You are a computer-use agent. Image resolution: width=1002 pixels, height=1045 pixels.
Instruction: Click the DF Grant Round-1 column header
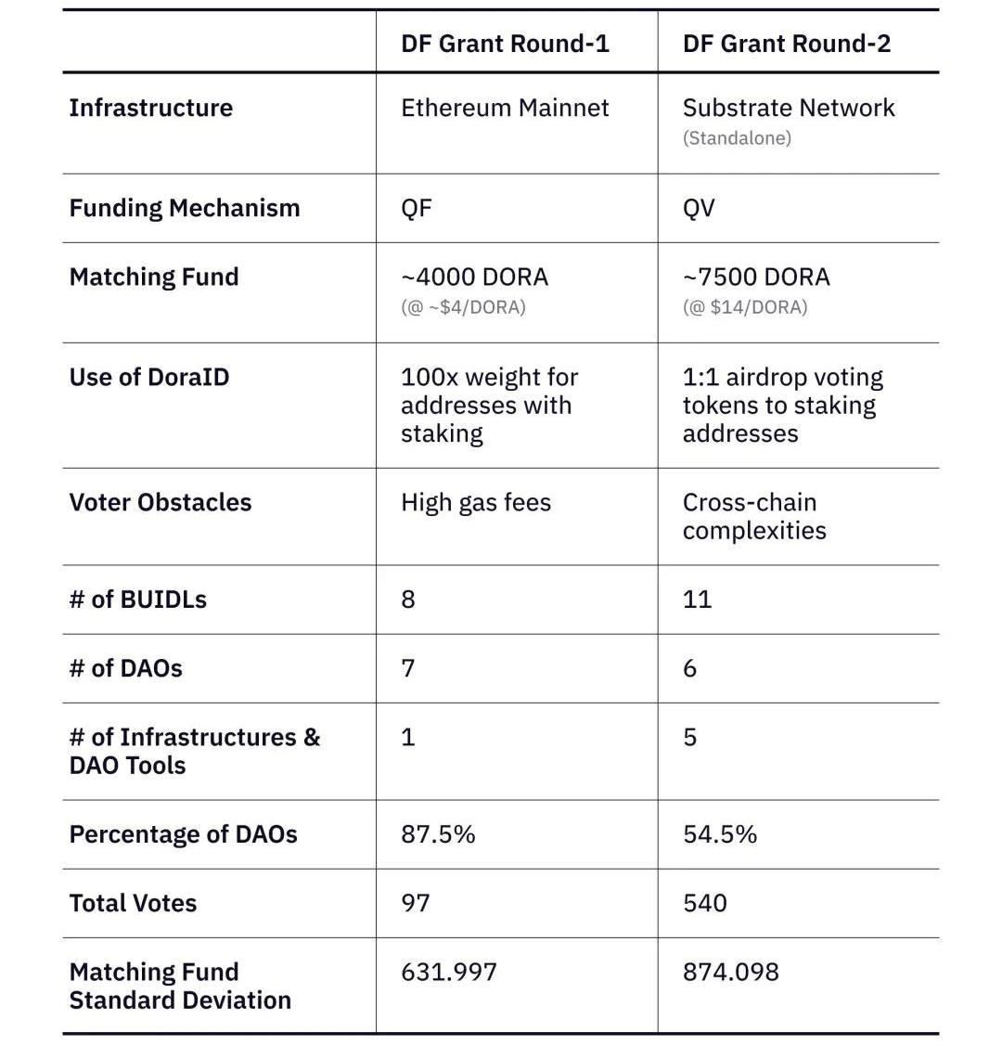pos(505,44)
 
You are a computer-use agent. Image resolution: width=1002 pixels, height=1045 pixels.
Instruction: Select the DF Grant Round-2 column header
pos(787,44)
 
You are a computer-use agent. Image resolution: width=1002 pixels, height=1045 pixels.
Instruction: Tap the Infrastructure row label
pos(150,108)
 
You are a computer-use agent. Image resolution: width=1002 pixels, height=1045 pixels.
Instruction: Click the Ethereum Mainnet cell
pos(505,108)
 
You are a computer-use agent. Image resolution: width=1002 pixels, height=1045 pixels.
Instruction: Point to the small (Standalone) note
pos(737,138)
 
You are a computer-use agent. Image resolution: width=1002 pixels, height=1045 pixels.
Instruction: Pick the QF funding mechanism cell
pos(417,208)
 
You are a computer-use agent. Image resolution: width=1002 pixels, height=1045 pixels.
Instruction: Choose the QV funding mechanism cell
pos(699,208)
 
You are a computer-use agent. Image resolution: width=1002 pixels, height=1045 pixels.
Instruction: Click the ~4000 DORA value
pos(474,277)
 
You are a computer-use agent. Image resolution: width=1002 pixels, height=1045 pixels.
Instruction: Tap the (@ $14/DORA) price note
pos(745,307)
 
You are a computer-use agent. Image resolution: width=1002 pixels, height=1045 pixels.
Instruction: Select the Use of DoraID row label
pos(148,377)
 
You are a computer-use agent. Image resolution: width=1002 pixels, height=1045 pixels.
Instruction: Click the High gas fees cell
pos(476,502)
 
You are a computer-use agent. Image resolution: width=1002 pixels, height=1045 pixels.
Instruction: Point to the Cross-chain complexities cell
pos(753,516)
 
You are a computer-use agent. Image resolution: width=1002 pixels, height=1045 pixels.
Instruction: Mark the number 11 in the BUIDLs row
pos(697,599)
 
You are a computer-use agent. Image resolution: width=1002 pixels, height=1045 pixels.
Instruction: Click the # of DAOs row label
pos(125,668)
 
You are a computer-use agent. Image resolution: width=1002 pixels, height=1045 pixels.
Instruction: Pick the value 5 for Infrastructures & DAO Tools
pos(689,737)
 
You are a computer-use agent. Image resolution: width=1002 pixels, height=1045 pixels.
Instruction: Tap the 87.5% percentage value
pos(438,834)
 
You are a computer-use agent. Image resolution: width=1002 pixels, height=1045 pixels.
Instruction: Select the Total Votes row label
pos(133,903)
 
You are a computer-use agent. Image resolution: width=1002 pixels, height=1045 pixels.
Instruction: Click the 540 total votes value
pos(704,903)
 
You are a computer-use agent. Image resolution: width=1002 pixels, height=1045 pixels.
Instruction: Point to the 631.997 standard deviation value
pos(449,972)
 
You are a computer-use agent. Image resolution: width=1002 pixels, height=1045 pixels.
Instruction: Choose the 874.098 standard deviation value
pos(730,972)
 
